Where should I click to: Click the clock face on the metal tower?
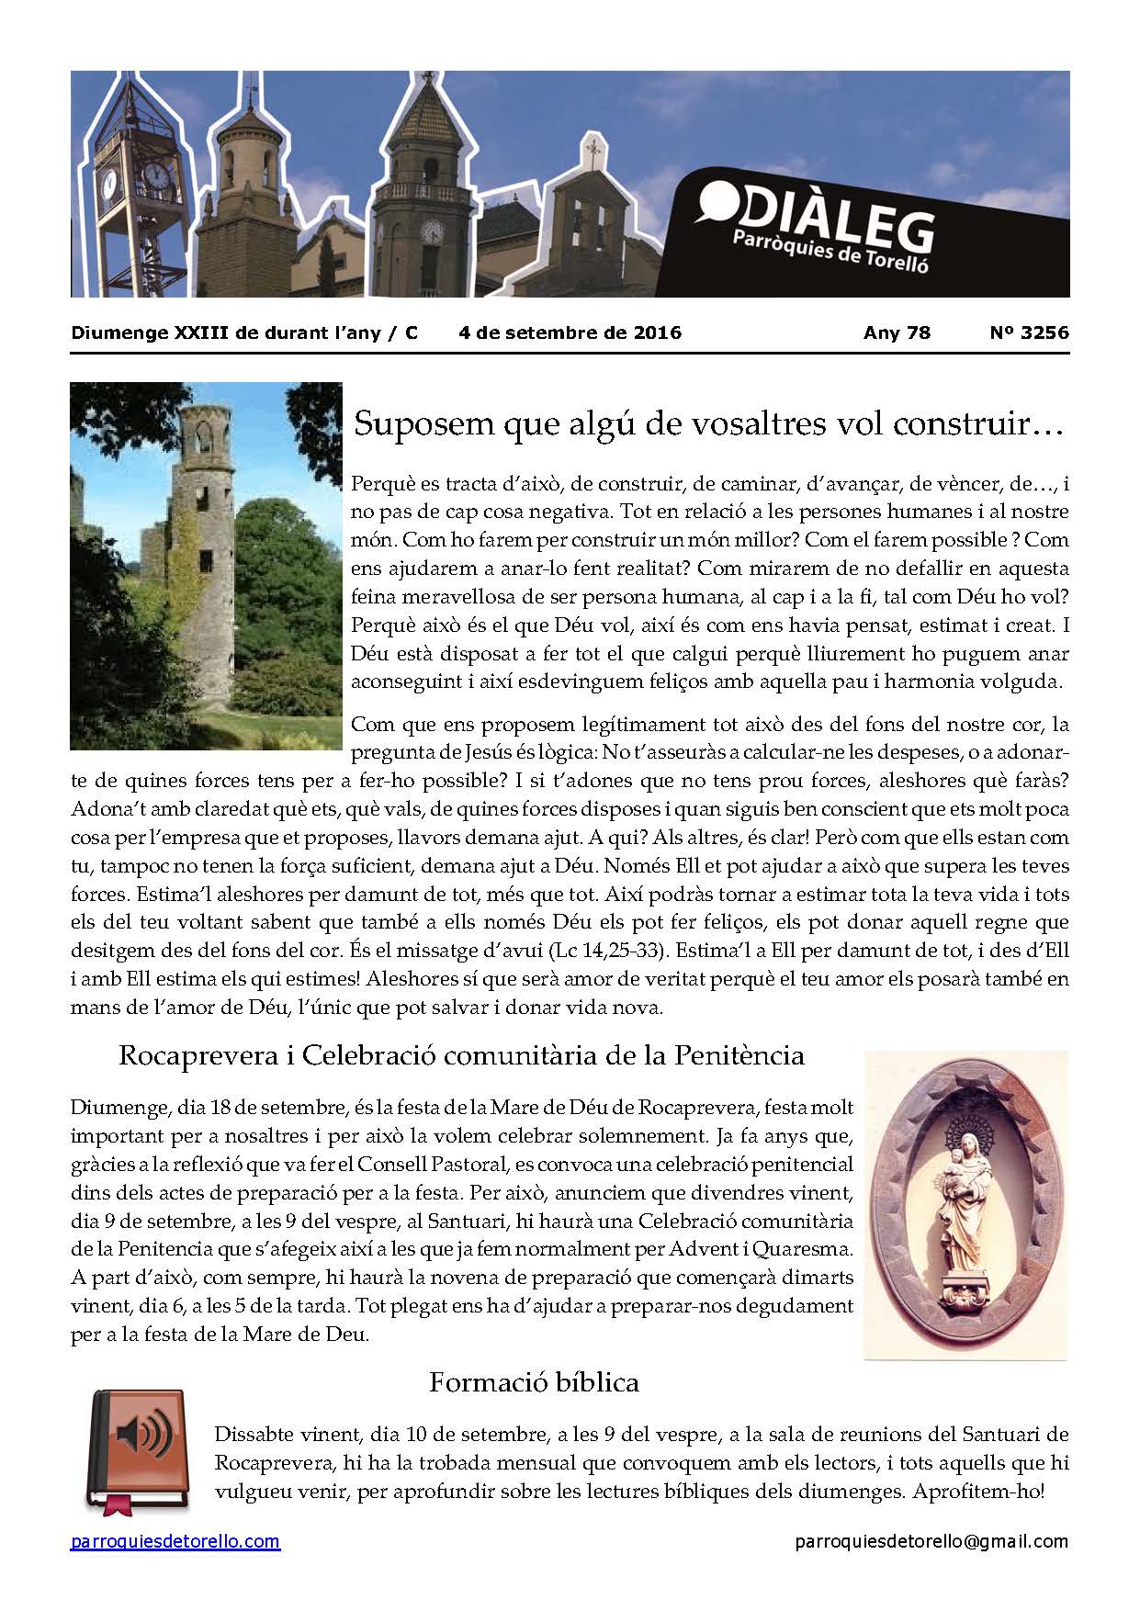click(x=157, y=175)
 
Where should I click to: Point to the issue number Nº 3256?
click(x=1029, y=332)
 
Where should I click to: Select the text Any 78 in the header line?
click(x=897, y=332)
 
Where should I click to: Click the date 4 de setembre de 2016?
click(x=570, y=332)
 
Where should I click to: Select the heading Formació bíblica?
click(x=533, y=1381)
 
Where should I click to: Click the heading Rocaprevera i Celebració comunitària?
click(x=461, y=1054)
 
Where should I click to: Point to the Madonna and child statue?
click(x=965, y=1194)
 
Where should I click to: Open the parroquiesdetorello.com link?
click(x=175, y=1541)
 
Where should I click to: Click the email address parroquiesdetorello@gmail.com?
click(x=931, y=1541)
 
